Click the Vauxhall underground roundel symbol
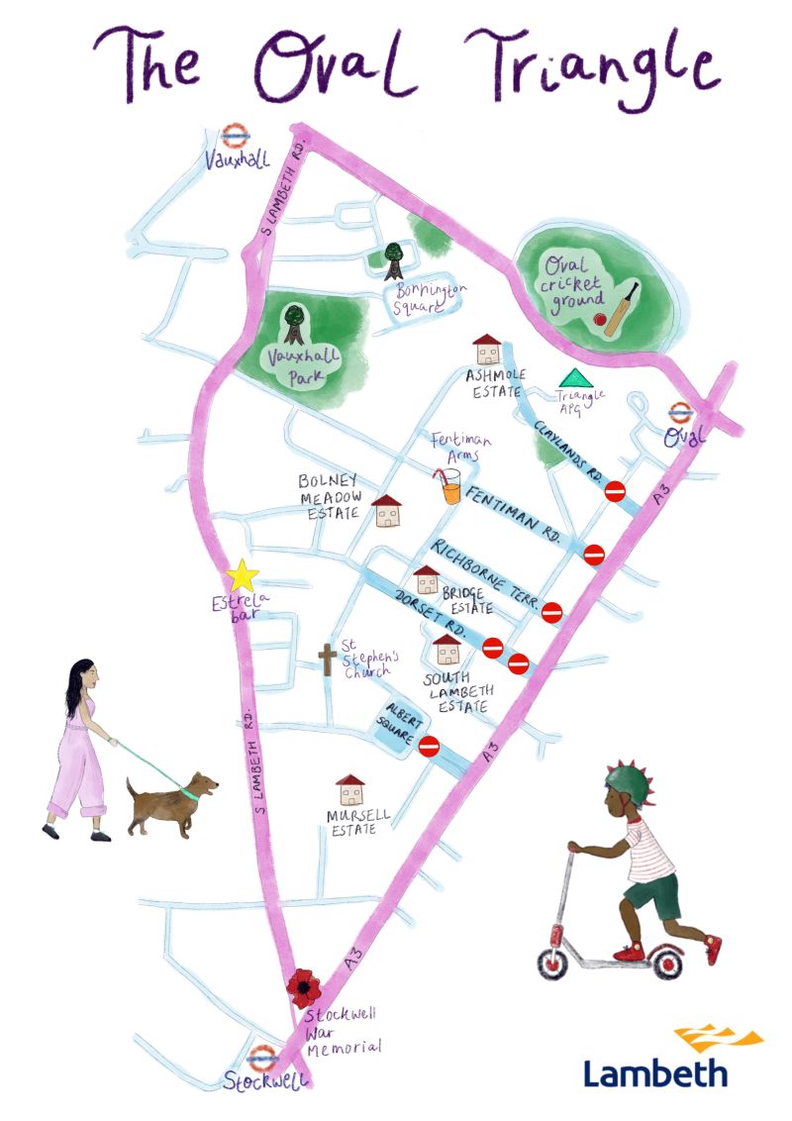point(234,137)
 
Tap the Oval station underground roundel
point(680,414)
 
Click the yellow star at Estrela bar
point(242,576)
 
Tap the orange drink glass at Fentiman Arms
point(450,487)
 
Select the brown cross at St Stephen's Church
point(327,659)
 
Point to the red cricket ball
point(600,319)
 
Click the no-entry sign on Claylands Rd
point(615,490)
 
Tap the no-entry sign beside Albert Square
point(429,746)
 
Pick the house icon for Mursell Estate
point(350,789)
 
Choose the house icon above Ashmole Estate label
point(487,350)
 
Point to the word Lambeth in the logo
point(655,1072)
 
